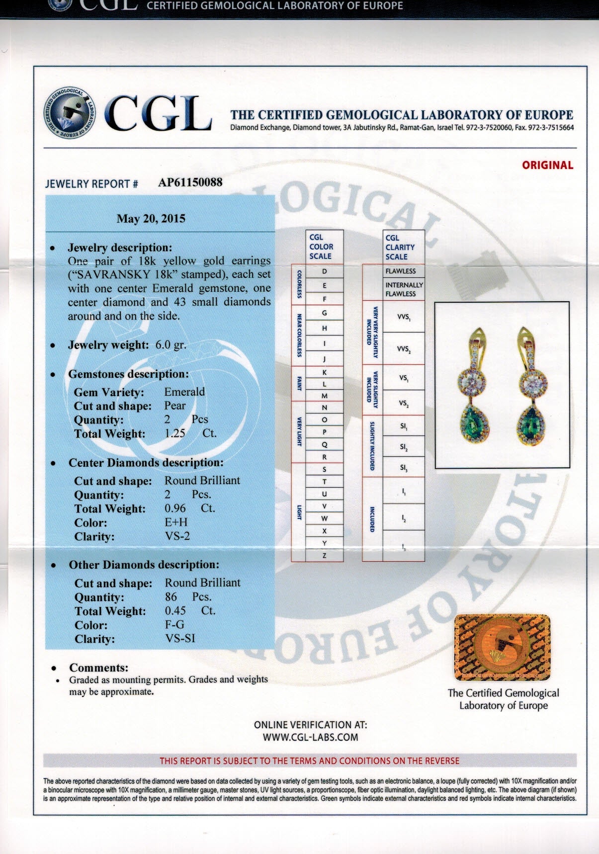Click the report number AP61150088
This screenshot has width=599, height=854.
[190, 182]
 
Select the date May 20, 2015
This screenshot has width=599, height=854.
[151, 219]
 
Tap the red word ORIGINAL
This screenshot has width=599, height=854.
[547, 166]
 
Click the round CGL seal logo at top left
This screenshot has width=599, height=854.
[70, 113]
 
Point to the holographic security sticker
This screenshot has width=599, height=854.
[502, 647]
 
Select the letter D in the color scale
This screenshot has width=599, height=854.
[325, 271]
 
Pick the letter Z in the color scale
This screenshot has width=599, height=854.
[325, 556]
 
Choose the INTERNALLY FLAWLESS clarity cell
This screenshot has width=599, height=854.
[404, 289]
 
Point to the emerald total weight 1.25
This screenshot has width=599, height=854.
[175, 433]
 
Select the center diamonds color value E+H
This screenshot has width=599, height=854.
[176, 522]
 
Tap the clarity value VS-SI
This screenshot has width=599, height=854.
[180, 638]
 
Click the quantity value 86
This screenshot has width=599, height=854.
[171, 597]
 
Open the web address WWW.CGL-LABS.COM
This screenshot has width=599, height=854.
[310, 737]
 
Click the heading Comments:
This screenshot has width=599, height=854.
[98, 668]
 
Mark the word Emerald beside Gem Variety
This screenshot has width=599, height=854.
[184, 392]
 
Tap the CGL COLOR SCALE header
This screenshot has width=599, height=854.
[321, 247]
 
